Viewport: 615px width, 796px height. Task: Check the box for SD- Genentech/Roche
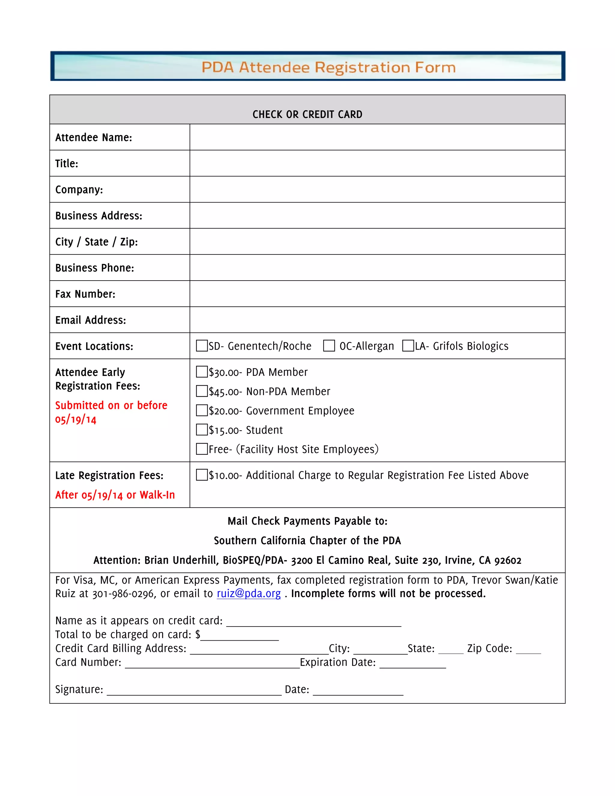(201, 345)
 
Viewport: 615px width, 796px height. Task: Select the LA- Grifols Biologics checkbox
(408, 345)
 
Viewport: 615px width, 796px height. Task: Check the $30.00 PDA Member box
(201, 372)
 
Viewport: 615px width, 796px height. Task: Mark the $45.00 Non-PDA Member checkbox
(201, 391)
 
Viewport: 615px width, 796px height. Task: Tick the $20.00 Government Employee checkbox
(201, 410)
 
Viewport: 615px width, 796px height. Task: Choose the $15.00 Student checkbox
(201, 430)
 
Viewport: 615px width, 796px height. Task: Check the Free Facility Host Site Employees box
(201, 449)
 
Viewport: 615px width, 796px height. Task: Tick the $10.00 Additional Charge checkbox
(201, 475)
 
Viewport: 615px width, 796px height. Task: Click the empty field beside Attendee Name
(377, 137)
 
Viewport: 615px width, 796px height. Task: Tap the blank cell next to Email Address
(377, 320)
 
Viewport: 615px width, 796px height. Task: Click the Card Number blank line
(212, 663)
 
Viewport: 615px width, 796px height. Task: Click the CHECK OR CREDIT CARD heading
(307, 114)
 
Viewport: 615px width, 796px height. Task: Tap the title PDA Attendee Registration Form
(328, 67)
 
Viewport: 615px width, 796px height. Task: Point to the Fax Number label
(85, 294)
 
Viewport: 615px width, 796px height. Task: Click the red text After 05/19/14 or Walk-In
(115, 495)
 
